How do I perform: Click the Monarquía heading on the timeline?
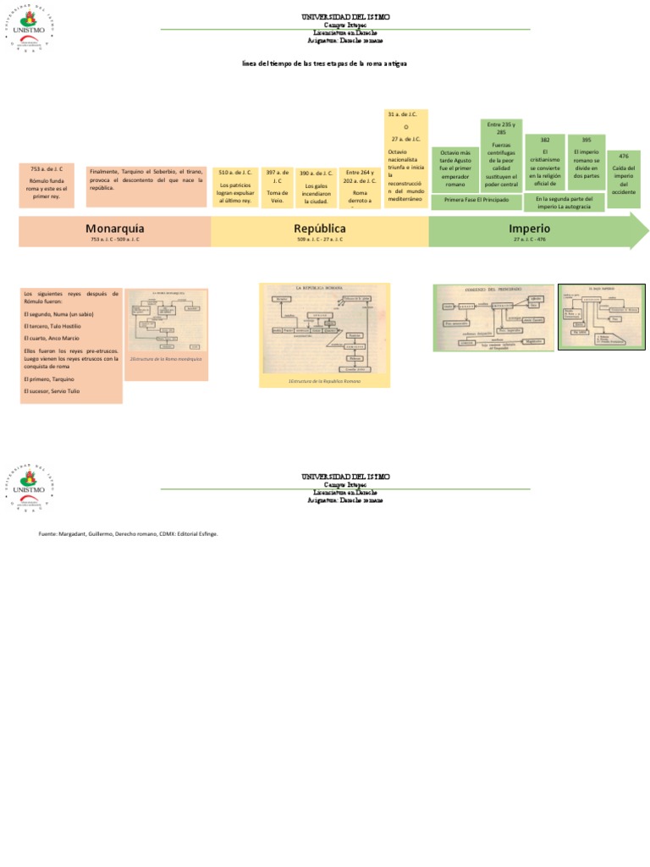coord(114,229)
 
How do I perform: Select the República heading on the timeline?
coord(320,229)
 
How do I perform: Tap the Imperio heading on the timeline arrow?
coord(530,229)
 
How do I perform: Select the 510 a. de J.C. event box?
coord(235,185)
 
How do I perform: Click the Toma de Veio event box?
coord(277,185)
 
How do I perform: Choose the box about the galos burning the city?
coord(316,185)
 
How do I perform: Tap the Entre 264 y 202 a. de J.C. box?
coord(361,185)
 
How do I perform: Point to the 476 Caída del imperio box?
coord(624,179)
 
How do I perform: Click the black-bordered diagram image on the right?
coord(601,316)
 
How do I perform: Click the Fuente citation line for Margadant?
coord(134,533)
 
